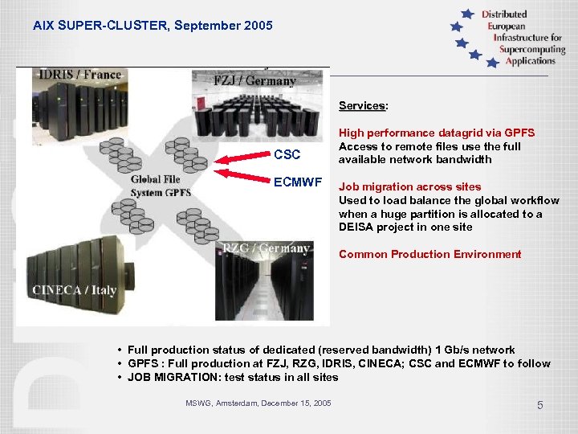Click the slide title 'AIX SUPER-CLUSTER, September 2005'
[x=153, y=26]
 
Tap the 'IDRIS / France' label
[x=78, y=75]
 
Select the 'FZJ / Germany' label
[x=255, y=81]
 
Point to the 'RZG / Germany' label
[x=267, y=248]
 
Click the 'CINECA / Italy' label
[x=75, y=290]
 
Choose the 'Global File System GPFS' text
[x=161, y=186]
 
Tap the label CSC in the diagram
[x=287, y=154]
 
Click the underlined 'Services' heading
[x=363, y=105]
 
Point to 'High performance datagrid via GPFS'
[x=436, y=133]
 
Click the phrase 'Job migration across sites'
[x=409, y=186]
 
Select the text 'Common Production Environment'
[x=429, y=254]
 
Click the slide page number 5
[x=539, y=405]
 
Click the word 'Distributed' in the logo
[x=504, y=14]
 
